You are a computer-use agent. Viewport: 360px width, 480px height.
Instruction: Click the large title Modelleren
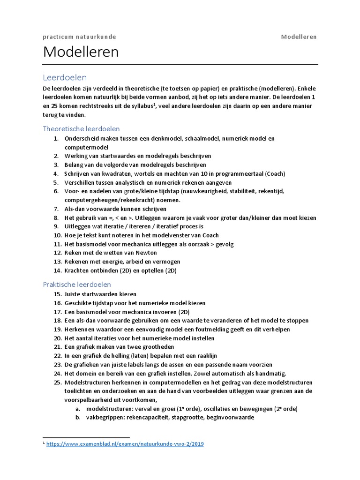click(81, 52)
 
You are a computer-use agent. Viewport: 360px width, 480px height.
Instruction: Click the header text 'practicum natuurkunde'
click(79, 37)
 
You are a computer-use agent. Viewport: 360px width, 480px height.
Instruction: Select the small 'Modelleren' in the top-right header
click(299, 37)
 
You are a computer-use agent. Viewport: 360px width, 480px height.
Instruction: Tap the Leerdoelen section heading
click(65, 77)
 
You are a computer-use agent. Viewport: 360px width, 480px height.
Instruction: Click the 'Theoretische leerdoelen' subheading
click(81, 128)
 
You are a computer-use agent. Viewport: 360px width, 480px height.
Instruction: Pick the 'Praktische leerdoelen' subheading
click(77, 284)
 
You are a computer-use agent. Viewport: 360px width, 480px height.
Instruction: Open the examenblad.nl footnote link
click(125, 443)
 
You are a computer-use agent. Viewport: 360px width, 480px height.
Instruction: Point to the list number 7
click(56, 209)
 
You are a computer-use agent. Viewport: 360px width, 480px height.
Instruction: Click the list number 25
click(57, 382)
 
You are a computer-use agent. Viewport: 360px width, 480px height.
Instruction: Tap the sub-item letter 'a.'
click(78, 409)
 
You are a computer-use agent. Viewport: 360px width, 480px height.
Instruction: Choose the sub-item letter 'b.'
click(78, 417)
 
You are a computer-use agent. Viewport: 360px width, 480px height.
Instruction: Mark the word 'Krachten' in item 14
click(78, 271)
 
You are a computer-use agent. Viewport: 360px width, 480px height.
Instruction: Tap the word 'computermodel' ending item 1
click(86, 147)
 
